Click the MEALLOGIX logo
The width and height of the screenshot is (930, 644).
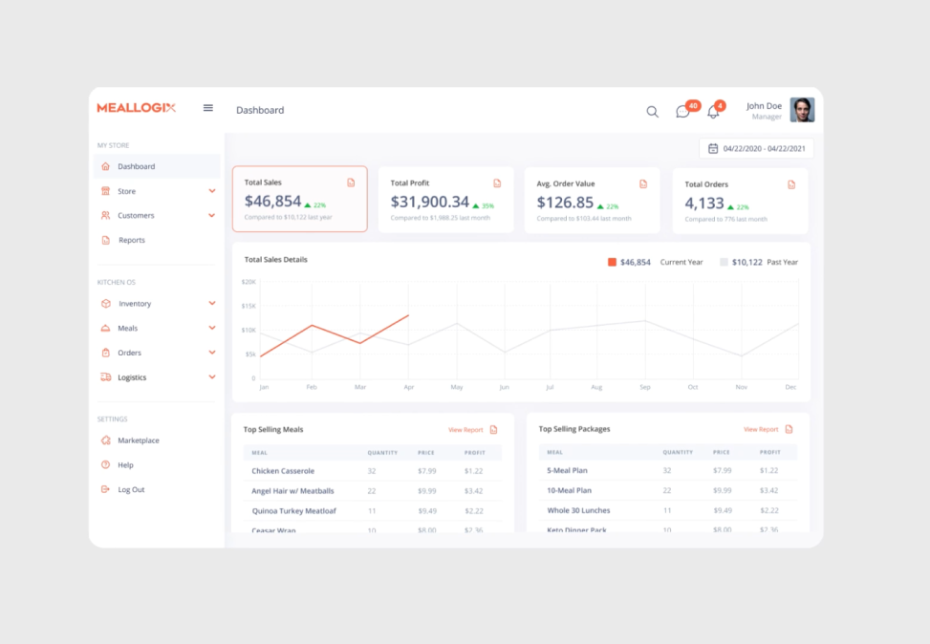(x=136, y=108)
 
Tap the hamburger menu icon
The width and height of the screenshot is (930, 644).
(x=208, y=108)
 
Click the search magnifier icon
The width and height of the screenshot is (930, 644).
(x=652, y=112)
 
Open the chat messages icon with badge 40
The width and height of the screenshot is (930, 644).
(x=682, y=112)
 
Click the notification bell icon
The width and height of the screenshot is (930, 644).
(x=713, y=112)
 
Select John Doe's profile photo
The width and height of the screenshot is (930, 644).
(x=802, y=110)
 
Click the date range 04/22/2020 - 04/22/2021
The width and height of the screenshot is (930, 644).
(x=757, y=148)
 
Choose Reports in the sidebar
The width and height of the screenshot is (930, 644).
(x=132, y=240)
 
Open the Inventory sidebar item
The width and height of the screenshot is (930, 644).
(x=135, y=304)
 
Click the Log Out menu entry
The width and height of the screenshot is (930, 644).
(x=131, y=489)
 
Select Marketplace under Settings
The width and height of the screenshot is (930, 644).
(x=139, y=440)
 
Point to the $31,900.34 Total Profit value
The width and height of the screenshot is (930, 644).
(x=430, y=202)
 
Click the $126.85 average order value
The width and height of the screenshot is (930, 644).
(x=565, y=202)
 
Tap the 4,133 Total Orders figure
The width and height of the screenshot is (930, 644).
(x=704, y=203)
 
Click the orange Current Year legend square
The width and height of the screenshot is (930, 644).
(x=612, y=262)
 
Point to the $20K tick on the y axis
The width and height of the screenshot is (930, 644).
(x=248, y=282)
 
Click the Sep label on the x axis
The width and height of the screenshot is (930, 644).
(x=645, y=387)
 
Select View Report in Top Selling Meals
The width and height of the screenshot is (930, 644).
(x=465, y=430)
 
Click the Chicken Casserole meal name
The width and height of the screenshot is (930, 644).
(x=283, y=471)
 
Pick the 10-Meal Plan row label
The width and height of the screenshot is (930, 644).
(x=569, y=490)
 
